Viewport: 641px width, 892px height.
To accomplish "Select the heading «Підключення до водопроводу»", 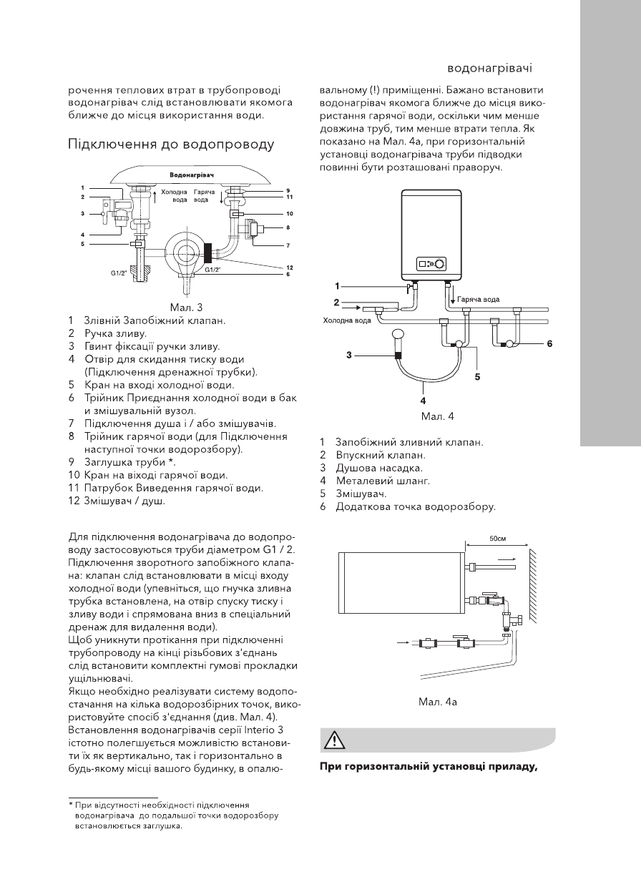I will coord(171,144).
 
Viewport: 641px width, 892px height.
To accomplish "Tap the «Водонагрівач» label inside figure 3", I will coord(192,175).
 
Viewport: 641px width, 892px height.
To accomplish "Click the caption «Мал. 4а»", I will coord(438,702).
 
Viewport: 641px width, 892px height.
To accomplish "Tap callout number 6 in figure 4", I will coord(549,343).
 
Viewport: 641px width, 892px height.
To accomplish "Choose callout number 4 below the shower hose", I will coord(424,401).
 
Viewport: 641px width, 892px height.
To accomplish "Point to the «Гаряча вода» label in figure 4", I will coord(479,299).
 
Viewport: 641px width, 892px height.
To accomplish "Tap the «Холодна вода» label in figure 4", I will coord(347,320).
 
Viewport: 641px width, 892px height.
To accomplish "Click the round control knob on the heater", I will coord(439,263).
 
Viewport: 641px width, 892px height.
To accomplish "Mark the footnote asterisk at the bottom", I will coord(71,805).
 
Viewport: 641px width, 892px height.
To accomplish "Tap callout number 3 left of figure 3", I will coord(82,213).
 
